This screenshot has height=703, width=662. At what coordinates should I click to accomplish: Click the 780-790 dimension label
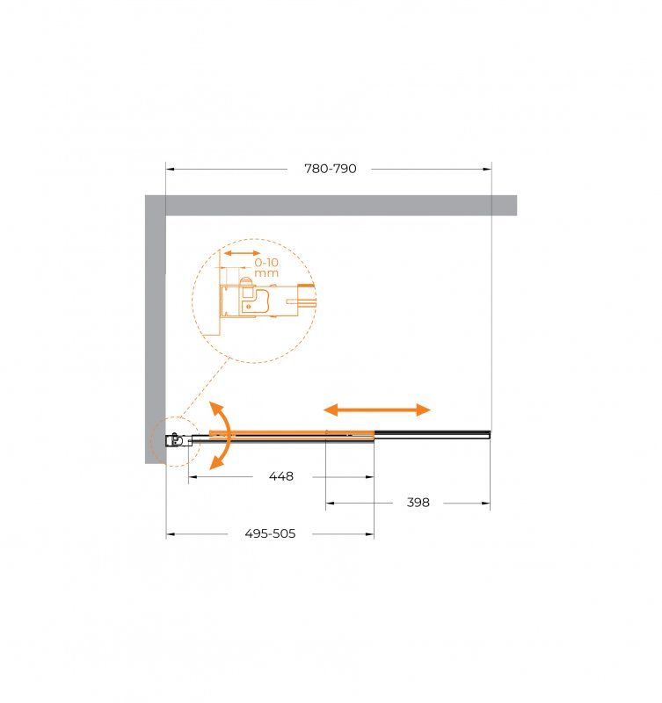click(331, 169)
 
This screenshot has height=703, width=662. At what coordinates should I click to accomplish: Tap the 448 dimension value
click(281, 476)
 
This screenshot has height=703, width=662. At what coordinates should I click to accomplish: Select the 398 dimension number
click(418, 503)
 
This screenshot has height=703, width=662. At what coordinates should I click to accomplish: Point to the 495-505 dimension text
click(270, 533)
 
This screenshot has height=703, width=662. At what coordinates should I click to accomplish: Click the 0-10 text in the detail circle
click(266, 262)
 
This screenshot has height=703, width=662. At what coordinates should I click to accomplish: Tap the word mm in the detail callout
click(266, 273)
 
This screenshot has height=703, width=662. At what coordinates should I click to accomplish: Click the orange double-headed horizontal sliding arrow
click(377, 409)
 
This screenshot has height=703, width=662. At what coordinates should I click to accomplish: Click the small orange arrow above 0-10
click(242, 253)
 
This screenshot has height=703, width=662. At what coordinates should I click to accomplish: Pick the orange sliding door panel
click(292, 433)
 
